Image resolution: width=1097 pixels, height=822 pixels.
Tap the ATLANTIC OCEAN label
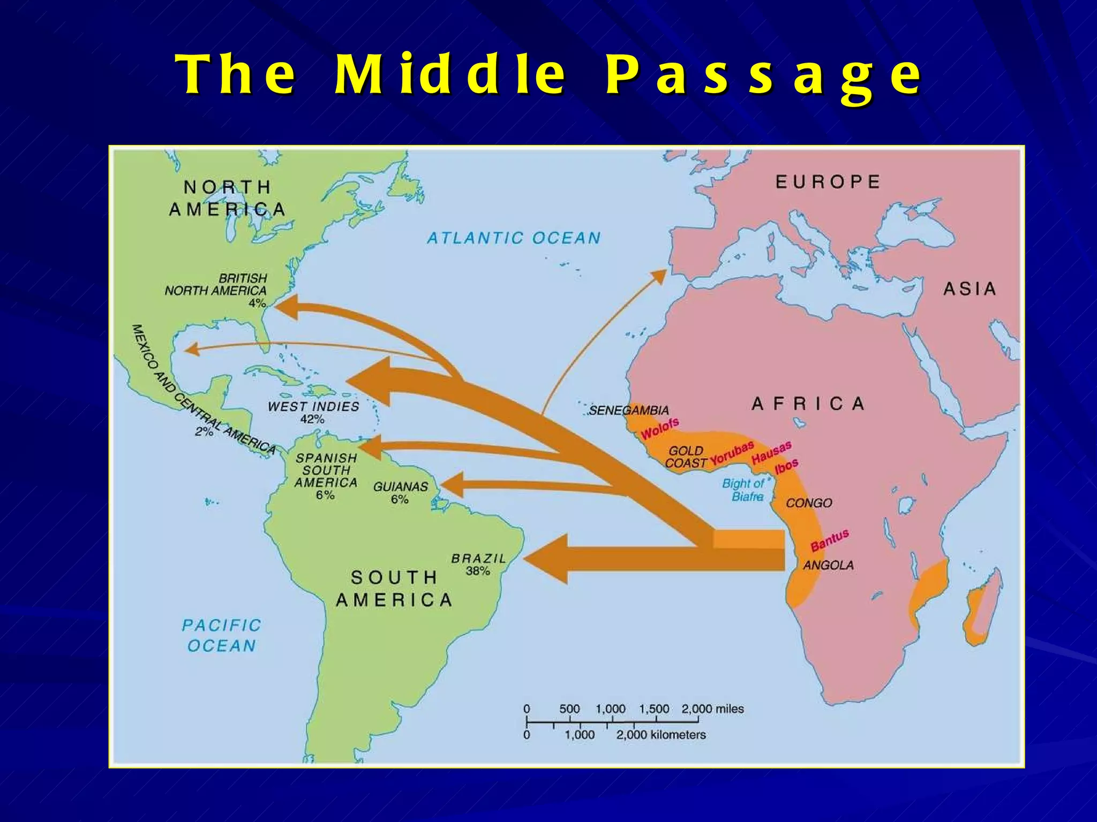point(514,238)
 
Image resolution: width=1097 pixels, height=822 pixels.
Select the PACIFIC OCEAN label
point(221,635)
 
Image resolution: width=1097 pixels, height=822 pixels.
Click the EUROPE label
point(828,182)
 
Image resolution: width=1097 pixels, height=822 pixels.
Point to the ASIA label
point(970,289)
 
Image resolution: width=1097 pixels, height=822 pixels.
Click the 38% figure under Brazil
point(478,571)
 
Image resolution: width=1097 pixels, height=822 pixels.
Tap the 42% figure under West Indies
point(312,420)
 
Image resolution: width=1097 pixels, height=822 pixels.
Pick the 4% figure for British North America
point(257,303)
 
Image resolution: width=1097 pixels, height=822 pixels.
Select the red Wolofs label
point(660,428)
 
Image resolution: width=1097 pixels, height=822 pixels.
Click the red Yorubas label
point(732,453)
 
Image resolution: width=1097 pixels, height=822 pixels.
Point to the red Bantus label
point(829,540)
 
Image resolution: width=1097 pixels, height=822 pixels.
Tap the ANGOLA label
point(828,565)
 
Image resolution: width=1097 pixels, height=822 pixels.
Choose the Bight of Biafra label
point(745,490)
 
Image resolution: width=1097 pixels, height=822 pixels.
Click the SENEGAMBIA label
point(629,410)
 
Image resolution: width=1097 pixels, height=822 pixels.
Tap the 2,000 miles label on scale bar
point(712,709)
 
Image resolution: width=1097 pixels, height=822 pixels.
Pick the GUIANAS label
point(401,487)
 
